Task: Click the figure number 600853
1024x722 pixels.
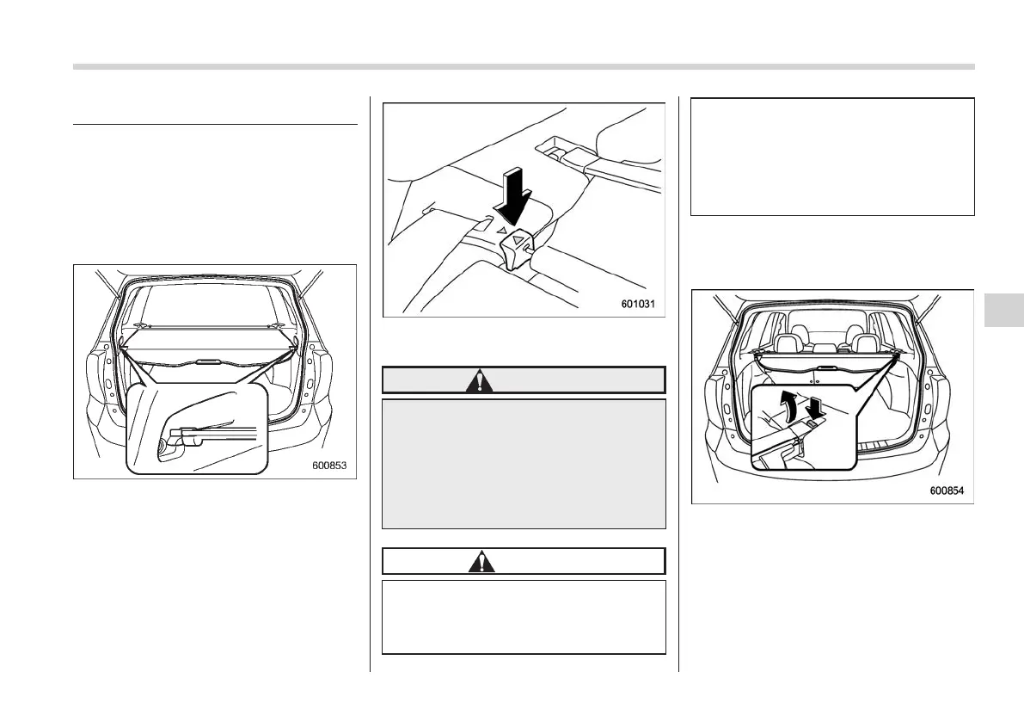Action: point(329,466)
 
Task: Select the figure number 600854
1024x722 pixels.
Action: point(947,491)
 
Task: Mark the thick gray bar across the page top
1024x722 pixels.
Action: point(524,66)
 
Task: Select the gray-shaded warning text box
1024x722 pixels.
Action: point(524,463)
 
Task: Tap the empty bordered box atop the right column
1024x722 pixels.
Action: point(832,156)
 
